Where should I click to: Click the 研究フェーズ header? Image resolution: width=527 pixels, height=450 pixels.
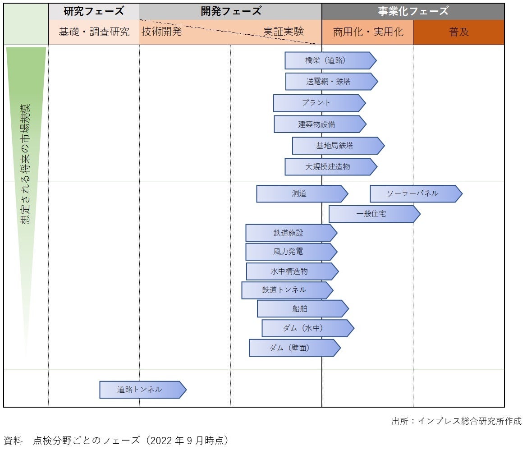pos(94,11)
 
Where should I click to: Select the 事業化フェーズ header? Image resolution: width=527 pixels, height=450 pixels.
pos(413,11)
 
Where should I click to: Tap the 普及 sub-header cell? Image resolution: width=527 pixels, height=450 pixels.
pos(458,32)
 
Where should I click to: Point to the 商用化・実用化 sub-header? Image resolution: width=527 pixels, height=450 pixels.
pos(368,32)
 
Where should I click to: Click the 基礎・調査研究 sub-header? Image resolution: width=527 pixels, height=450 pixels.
pos(94,32)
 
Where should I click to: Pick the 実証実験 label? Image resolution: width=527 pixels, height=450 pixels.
pos(284,32)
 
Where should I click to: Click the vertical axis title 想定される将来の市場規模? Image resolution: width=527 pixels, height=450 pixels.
pos(26,165)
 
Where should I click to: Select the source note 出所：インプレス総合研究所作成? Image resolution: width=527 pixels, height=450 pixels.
pos(456,421)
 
